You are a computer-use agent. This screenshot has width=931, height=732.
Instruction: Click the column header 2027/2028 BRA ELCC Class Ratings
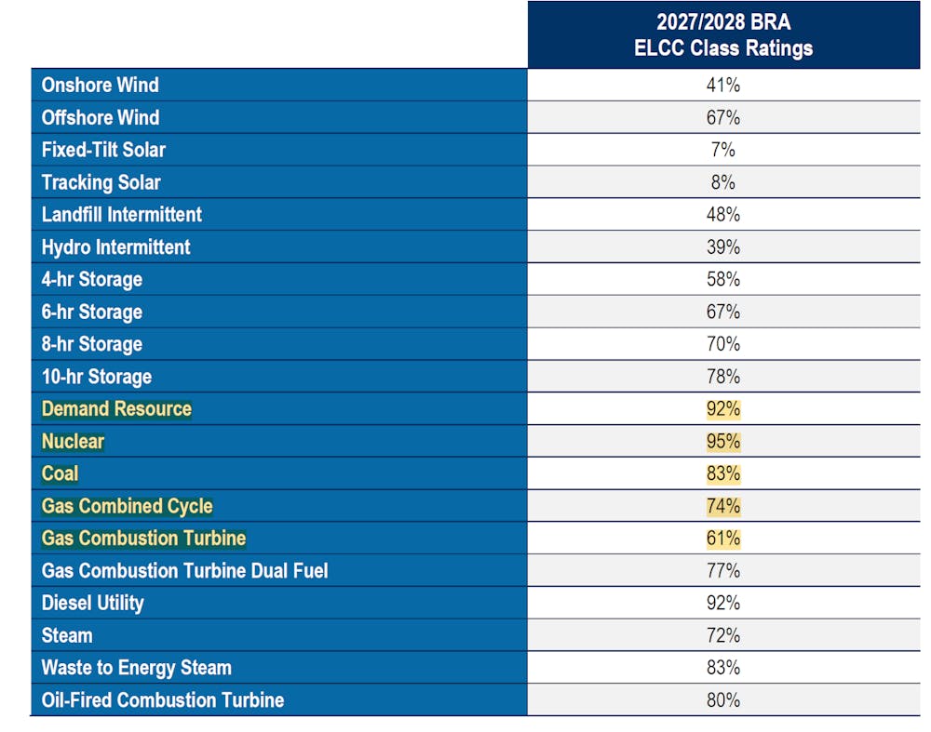pyautogui.click(x=723, y=35)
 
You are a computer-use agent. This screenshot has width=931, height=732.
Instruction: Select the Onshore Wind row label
pyautogui.click(x=101, y=85)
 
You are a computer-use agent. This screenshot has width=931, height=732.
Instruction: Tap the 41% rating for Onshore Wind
pyautogui.click(x=723, y=85)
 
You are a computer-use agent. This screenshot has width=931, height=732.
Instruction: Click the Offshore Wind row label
pyautogui.click(x=101, y=117)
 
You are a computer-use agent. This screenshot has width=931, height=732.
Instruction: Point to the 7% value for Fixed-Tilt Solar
pyautogui.click(x=723, y=150)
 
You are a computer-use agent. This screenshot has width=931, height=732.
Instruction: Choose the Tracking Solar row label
pyautogui.click(x=101, y=182)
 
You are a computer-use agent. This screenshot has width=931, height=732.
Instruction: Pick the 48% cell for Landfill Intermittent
pyautogui.click(x=723, y=215)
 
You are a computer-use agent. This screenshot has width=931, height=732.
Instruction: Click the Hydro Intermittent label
pyautogui.click(x=116, y=247)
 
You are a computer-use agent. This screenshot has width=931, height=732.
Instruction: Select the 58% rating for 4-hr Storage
pyautogui.click(x=723, y=279)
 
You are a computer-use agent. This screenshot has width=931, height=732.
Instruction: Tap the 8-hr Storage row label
pyautogui.click(x=92, y=344)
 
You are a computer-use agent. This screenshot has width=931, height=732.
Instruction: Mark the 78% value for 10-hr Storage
pyautogui.click(x=723, y=377)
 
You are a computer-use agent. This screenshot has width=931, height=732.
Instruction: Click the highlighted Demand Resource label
pyautogui.click(x=116, y=409)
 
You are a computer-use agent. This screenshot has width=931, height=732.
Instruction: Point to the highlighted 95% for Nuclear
pyautogui.click(x=723, y=441)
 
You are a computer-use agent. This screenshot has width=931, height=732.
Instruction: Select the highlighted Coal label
pyautogui.click(x=61, y=473)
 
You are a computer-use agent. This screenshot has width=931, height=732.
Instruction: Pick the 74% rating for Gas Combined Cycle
pyautogui.click(x=723, y=506)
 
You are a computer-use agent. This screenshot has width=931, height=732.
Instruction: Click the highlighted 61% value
pyautogui.click(x=723, y=539)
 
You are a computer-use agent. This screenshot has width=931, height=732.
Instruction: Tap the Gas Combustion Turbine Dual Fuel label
pyautogui.click(x=185, y=570)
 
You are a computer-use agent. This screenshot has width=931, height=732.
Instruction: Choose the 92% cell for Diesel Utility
pyautogui.click(x=723, y=603)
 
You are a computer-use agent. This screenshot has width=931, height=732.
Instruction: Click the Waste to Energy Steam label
pyautogui.click(x=137, y=668)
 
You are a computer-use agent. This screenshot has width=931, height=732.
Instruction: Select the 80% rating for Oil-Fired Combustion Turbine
pyautogui.click(x=723, y=699)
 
